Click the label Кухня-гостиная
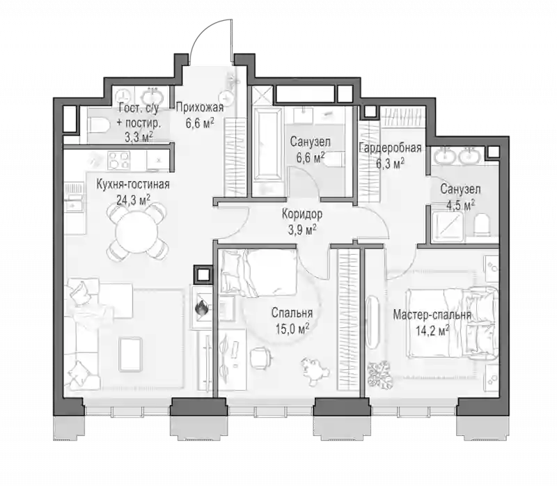point(133,185)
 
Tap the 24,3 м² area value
point(133,200)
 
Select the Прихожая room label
point(200,107)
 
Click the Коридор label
point(302,214)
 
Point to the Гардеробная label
point(391,148)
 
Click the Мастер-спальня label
point(432,315)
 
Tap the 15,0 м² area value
point(292,329)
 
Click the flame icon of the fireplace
point(201,308)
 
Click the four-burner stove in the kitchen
point(118,160)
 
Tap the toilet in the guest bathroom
point(99,125)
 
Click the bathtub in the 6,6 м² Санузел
point(268,146)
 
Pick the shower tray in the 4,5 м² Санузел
point(448,225)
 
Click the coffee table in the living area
point(131,354)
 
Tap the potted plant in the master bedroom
point(380,375)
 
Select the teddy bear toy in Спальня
point(315,371)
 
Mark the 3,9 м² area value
point(302,230)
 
